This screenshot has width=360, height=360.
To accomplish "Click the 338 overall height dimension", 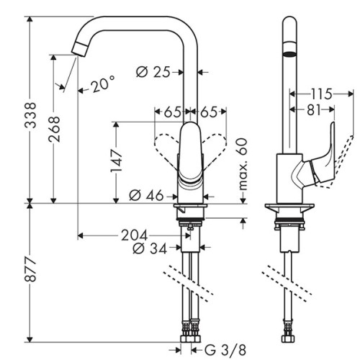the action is click(x=30, y=115).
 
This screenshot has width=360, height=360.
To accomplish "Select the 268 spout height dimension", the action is click(x=54, y=129).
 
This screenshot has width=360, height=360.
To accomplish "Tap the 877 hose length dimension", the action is click(x=30, y=269).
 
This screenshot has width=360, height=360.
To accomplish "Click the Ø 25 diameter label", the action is click(x=153, y=72).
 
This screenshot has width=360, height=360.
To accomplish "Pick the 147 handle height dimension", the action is click(x=116, y=161).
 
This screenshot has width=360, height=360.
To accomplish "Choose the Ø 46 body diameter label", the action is click(x=146, y=195).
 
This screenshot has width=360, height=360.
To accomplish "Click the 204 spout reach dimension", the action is click(x=134, y=235).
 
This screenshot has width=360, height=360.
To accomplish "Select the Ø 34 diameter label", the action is click(x=150, y=248).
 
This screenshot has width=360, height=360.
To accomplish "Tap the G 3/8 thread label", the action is click(x=225, y=350).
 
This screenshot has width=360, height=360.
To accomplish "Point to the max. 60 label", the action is click(x=243, y=164).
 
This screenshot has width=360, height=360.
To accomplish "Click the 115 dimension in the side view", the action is click(x=322, y=94).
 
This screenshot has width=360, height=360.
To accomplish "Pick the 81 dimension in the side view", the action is click(x=314, y=110).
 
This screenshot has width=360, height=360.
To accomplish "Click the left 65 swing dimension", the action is click(x=172, y=112).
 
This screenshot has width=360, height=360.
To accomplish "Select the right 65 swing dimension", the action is click(x=209, y=112).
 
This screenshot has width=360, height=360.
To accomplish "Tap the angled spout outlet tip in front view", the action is click(x=79, y=50).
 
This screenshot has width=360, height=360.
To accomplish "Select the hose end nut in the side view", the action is click(x=288, y=338).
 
